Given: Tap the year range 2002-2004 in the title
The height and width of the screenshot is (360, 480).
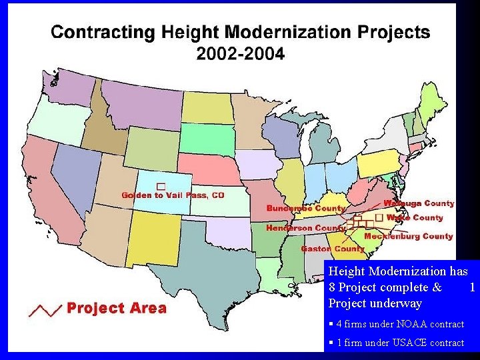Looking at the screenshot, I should pyautogui.click(x=240, y=54).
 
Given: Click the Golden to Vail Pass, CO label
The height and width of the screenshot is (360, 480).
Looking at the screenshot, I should pyautogui.click(x=173, y=195).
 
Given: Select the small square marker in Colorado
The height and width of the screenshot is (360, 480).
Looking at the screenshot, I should pyautogui.click(x=160, y=185).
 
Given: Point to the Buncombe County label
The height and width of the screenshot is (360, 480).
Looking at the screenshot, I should pyautogui.click(x=306, y=209).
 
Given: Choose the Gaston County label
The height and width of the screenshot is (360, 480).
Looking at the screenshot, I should pyautogui.click(x=333, y=249).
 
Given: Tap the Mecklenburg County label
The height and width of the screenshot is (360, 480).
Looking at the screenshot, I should pyautogui.click(x=408, y=236).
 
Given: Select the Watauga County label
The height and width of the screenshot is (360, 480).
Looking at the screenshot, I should pyautogui.click(x=419, y=203).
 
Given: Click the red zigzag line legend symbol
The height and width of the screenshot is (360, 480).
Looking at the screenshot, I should pyautogui.click(x=45, y=309).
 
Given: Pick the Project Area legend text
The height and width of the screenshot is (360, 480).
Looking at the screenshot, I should pyautogui.click(x=117, y=308).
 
